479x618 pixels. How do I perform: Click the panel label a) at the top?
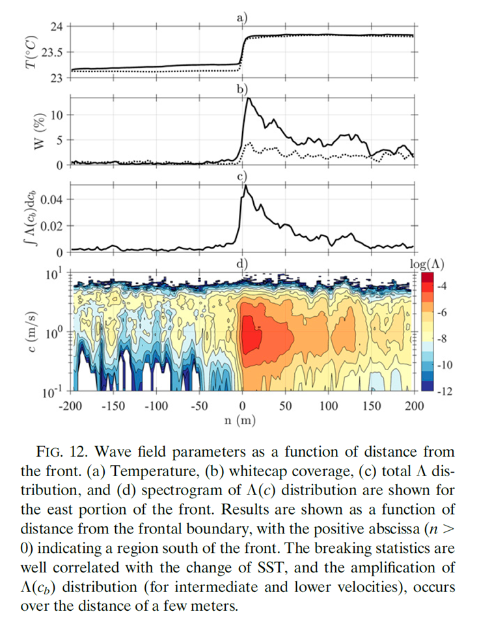pyautogui.click(x=241, y=18)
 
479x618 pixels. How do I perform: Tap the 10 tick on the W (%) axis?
pyautogui.click(x=57, y=115)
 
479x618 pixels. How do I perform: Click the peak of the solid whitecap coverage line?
pyautogui.click(x=248, y=100)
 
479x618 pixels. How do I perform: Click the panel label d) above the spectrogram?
pyautogui.click(x=241, y=263)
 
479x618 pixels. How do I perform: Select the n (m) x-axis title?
pyautogui.click(x=241, y=421)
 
